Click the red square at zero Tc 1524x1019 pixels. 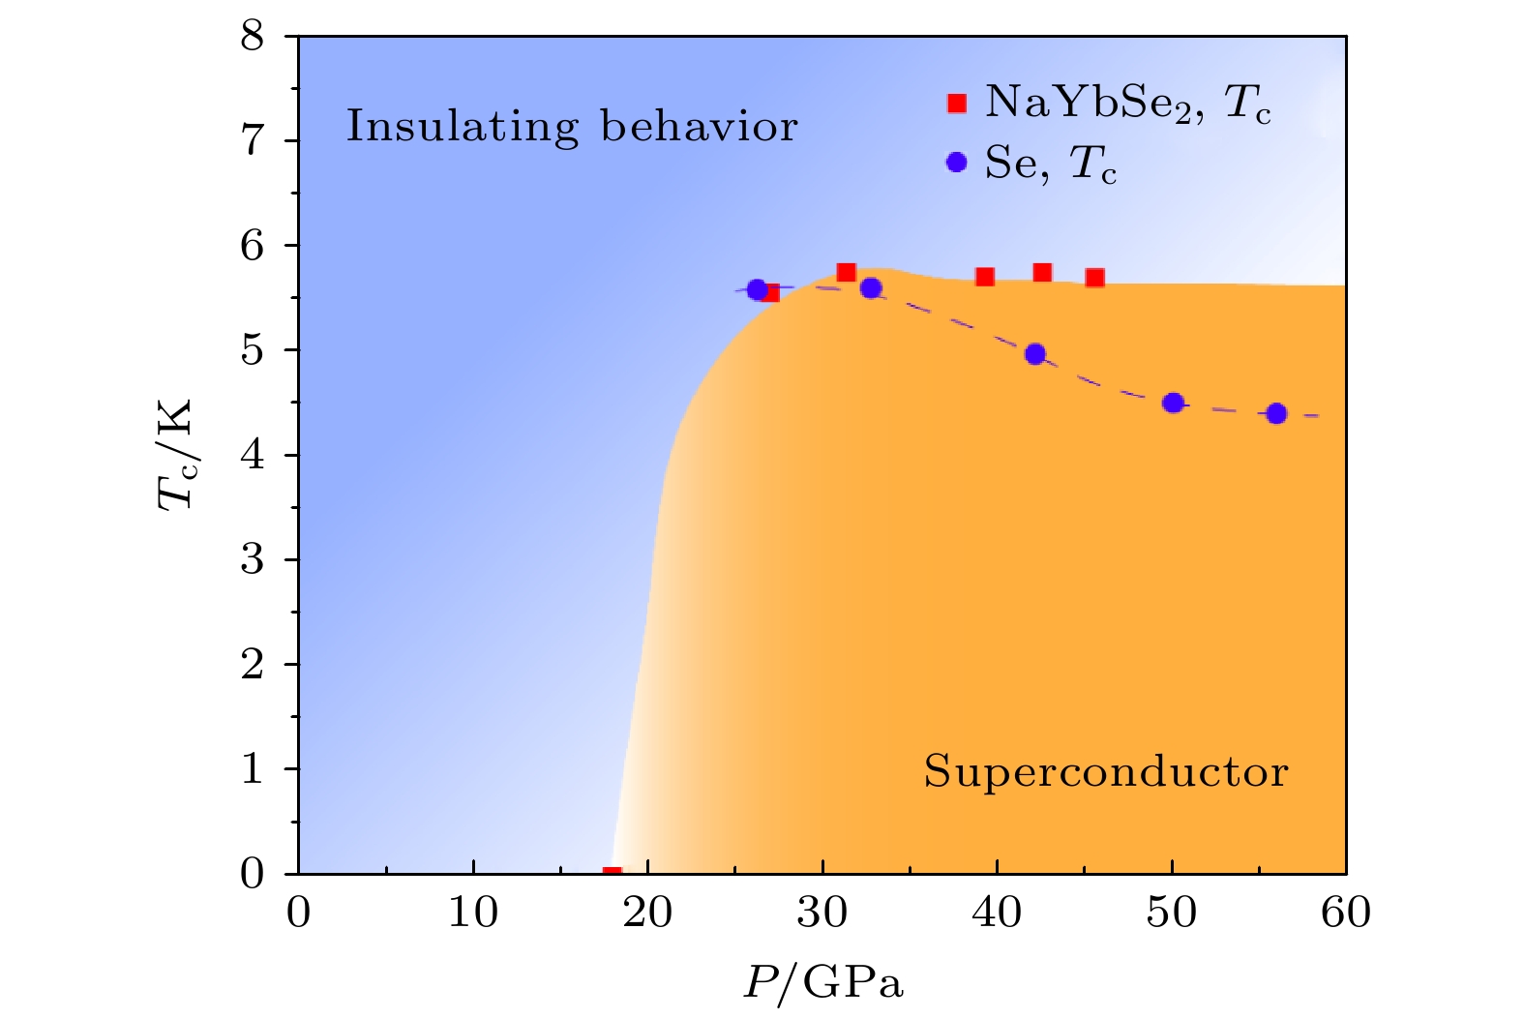[x=612, y=873]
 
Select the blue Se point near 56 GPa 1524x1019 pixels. [x=1276, y=413]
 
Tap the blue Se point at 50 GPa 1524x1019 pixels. [x=1174, y=403]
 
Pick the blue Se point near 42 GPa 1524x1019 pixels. [x=1035, y=354]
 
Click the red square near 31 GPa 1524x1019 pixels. [x=846, y=272]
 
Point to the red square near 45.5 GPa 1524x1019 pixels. [x=1094, y=278]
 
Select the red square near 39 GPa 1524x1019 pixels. [x=985, y=277]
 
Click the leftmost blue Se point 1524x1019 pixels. [x=757, y=289]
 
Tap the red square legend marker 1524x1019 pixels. [x=957, y=104]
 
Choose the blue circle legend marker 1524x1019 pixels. [x=957, y=163]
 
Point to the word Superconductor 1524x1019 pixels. [x=1105, y=772]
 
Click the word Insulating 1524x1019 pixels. [x=463, y=127]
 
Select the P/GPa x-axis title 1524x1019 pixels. [x=822, y=983]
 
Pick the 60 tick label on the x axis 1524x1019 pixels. [x=1345, y=912]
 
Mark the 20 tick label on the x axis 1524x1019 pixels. [x=647, y=912]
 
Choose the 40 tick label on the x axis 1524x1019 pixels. [x=997, y=912]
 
